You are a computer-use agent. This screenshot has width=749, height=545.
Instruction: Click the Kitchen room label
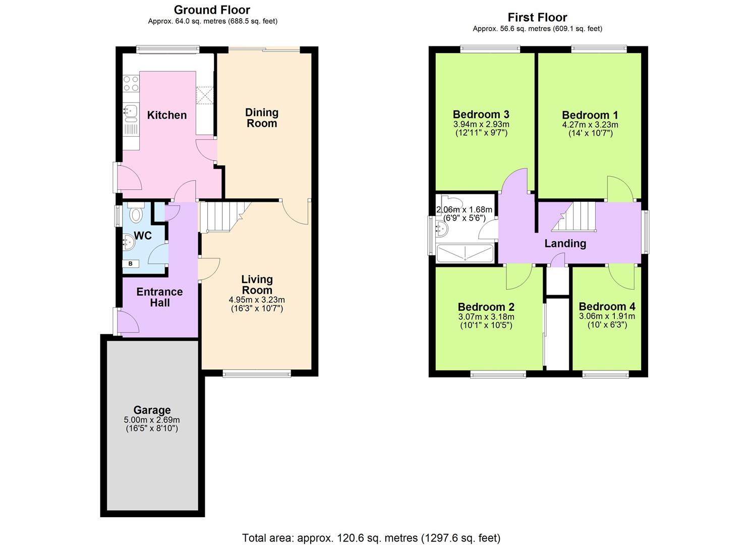click(x=166, y=115)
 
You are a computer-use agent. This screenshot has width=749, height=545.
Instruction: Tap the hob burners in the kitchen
click(x=131, y=84)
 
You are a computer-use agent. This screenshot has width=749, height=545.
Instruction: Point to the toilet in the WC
click(x=135, y=213)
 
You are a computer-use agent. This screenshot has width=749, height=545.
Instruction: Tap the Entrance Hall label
click(x=159, y=297)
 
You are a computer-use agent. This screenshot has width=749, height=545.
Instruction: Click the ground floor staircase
click(x=222, y=217)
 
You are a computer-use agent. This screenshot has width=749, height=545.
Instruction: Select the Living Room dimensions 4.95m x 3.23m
click(x=257, y=300)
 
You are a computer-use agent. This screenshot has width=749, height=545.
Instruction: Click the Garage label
click(x=152, y=410)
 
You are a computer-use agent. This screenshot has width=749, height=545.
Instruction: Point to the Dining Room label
click(x=261, y=118)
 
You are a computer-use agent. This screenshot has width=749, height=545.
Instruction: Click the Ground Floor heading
click(x=212, y=10)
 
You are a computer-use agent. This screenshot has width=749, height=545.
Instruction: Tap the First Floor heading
click(x=537, y=17)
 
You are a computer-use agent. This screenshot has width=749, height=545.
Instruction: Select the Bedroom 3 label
click(x=481, y=114)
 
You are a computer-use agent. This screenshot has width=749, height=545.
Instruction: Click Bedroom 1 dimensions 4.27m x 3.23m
click(x=590, y=125)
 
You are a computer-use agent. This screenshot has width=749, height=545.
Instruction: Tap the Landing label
click(x=565, y=243)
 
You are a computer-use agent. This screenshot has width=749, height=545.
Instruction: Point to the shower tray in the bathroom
click(x=465, y=253)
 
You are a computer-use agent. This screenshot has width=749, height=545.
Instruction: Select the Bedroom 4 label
click(x=607, y=306)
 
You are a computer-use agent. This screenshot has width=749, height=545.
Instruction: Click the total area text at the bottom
click(x=371, y=538)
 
